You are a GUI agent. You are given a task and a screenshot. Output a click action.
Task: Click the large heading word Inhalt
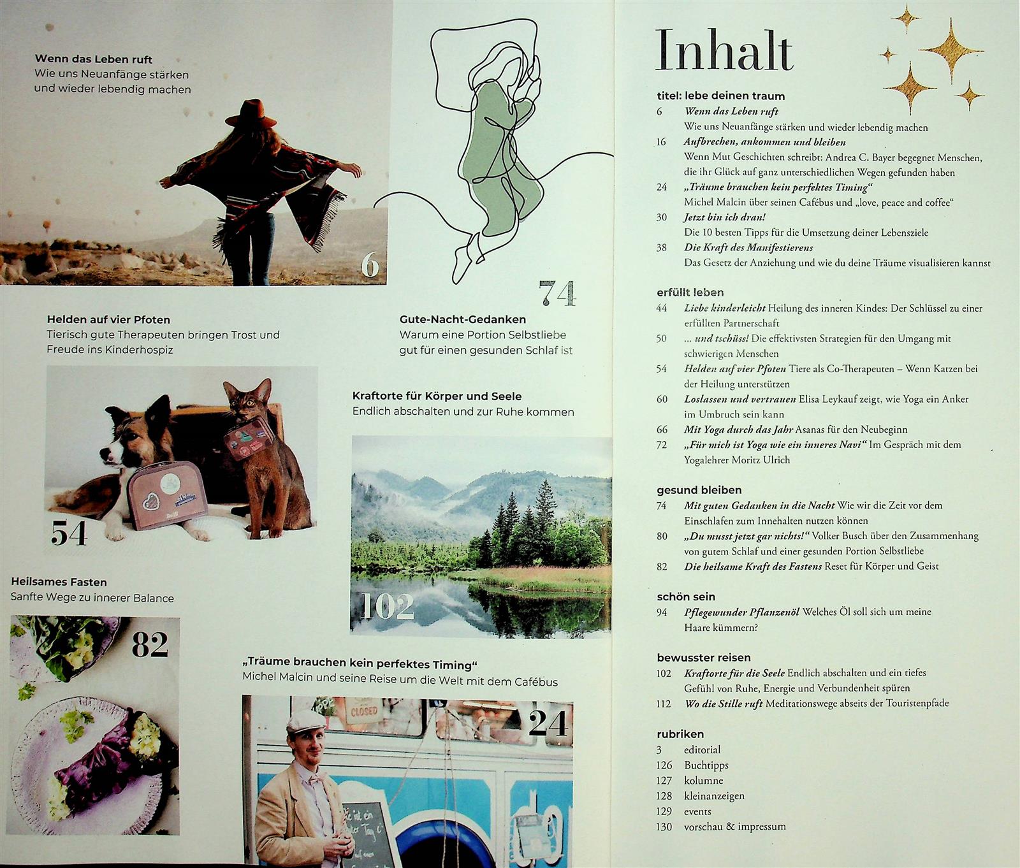click(725, 50)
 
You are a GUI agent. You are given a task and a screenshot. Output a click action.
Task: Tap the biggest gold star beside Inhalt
click(951, 50)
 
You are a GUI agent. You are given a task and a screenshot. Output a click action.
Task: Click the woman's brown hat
click(251, 113)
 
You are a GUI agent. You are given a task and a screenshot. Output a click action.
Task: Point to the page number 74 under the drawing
click(557, 293)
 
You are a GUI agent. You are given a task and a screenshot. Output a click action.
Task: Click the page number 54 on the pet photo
click(69, 533)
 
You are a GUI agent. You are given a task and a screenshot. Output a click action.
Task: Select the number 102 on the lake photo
click(386, 607)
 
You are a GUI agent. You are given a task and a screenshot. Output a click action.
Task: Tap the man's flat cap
click(305, 721)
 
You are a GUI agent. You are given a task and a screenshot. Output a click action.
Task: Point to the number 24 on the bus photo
click(548, 723)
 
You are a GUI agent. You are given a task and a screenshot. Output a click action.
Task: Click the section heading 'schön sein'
click(686, 597)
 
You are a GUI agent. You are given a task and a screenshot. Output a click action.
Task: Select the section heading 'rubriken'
click(680, 734)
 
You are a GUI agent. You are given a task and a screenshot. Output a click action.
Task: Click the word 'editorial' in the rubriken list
click(702, 749)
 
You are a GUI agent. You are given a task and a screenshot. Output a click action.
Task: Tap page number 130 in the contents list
click(664, 827)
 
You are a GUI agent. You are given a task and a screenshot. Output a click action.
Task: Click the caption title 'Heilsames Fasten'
click(59, 582)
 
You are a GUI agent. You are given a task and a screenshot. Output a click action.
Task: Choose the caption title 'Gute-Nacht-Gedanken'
click(463, 319)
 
